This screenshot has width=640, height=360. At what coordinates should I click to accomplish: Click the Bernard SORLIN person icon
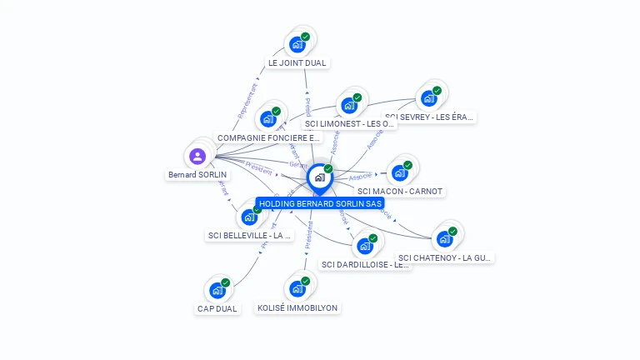coord(197,156)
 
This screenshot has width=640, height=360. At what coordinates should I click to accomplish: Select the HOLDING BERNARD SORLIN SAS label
coord(320,203)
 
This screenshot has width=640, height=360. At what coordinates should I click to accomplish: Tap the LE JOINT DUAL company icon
coord(297,45)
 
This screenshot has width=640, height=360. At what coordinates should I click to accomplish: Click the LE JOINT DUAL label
coord(297,62)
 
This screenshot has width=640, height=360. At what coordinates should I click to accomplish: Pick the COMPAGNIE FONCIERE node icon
coord(268,119)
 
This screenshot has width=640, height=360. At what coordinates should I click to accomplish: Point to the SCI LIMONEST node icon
coord(349,106)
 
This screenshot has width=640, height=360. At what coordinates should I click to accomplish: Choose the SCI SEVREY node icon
coord(429,98)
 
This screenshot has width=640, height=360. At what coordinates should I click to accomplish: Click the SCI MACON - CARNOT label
coord(400,191)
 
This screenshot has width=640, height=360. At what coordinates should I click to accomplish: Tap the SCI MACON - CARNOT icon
coord(400,172)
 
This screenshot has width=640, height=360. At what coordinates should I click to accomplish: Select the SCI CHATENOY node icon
coord(445,239)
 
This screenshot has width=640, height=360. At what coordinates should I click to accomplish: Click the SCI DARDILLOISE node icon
coord(365,246)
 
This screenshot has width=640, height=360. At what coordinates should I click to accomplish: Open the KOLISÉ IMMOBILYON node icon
coord(297,289)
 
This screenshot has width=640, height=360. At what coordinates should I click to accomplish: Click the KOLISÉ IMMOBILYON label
coord(297,307)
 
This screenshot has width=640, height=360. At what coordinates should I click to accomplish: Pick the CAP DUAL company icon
coord(217,290)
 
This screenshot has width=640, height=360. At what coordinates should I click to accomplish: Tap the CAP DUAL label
coord(217,308)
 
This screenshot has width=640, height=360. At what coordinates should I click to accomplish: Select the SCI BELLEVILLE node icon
coord(249,217)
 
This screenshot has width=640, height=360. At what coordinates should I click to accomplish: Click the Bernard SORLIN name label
coord(197,175)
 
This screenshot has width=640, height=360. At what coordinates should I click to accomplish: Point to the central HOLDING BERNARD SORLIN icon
coord(319,177)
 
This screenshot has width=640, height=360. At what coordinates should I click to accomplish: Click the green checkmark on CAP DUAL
coord(225,282)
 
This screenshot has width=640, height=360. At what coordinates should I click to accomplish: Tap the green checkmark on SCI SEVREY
coord(437,91)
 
